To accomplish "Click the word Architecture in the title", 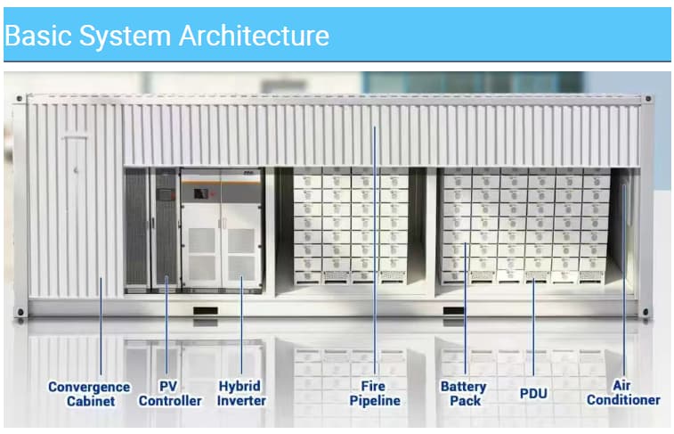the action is [254, 36].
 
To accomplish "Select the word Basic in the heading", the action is [38, 36].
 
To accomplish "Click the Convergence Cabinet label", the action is [89, 394].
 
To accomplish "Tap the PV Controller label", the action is [170, 394].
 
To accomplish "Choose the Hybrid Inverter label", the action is [241, 393].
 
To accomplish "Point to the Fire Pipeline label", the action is [375, 393].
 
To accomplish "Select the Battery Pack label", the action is [464, 394].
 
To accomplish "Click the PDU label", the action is [533, 394].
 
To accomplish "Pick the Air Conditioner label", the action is [623, 393].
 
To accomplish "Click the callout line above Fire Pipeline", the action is [375, 250].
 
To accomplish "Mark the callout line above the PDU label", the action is [533, 327].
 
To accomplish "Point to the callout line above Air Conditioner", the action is [624, 281].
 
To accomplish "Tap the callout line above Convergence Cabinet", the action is [101, 326].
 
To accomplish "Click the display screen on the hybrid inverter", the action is [200, 193].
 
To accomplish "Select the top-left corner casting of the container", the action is [20, 99].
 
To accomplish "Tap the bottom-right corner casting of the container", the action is [646, 311].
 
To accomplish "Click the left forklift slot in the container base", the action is [206, 310].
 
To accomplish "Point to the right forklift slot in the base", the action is [454, 310].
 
